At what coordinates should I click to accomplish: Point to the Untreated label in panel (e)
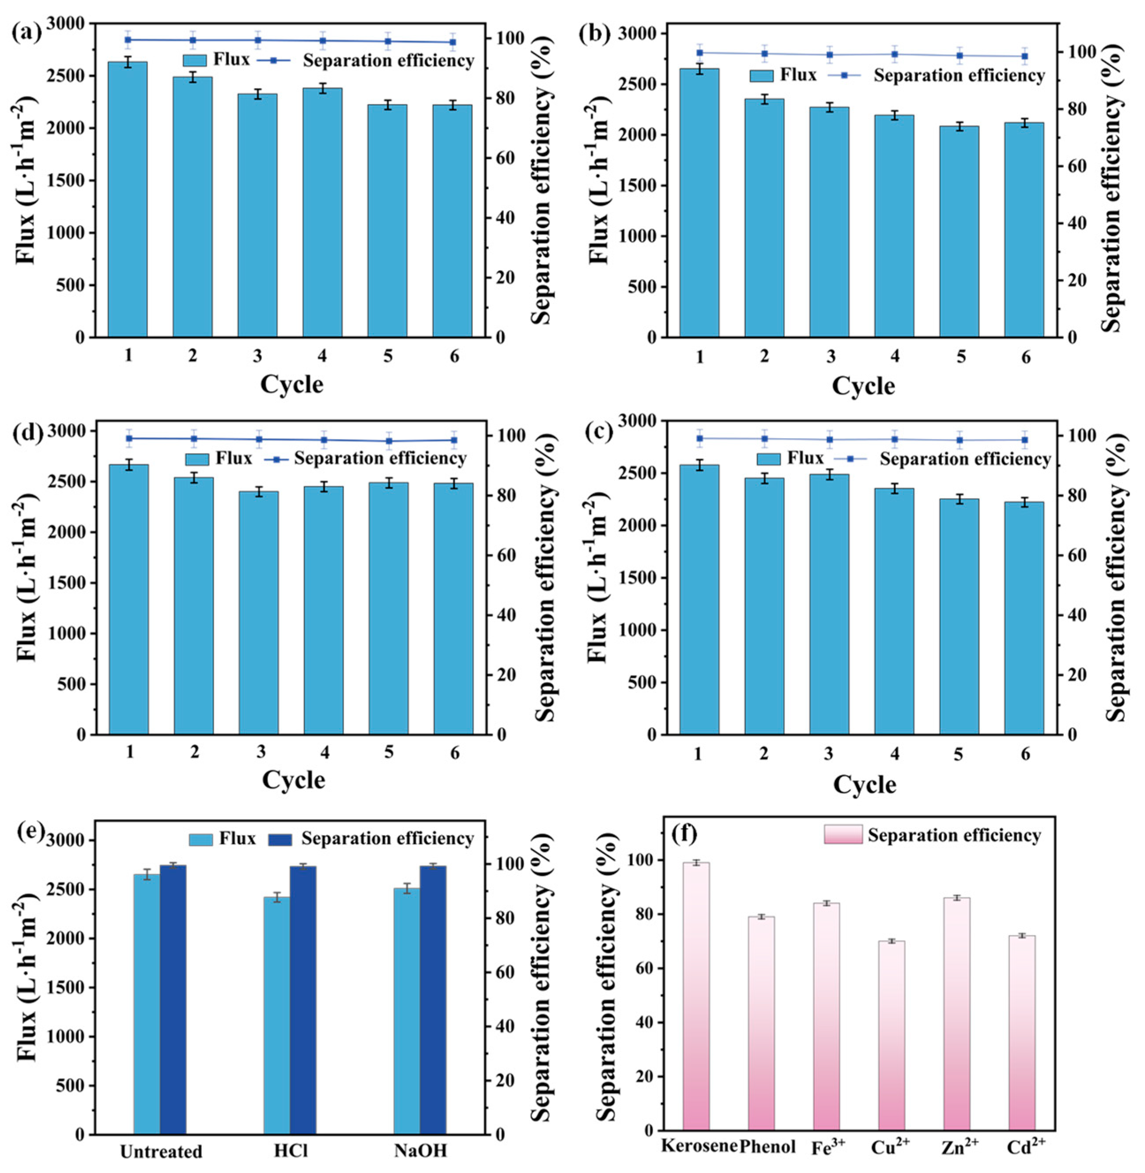pos(161,1151)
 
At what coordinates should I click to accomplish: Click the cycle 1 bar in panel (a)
pos(128,199)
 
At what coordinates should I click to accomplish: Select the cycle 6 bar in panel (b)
pos(1024,230)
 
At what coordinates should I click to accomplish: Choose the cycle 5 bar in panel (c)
pos(959,617)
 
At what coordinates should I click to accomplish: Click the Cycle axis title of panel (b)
pos(864,386)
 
